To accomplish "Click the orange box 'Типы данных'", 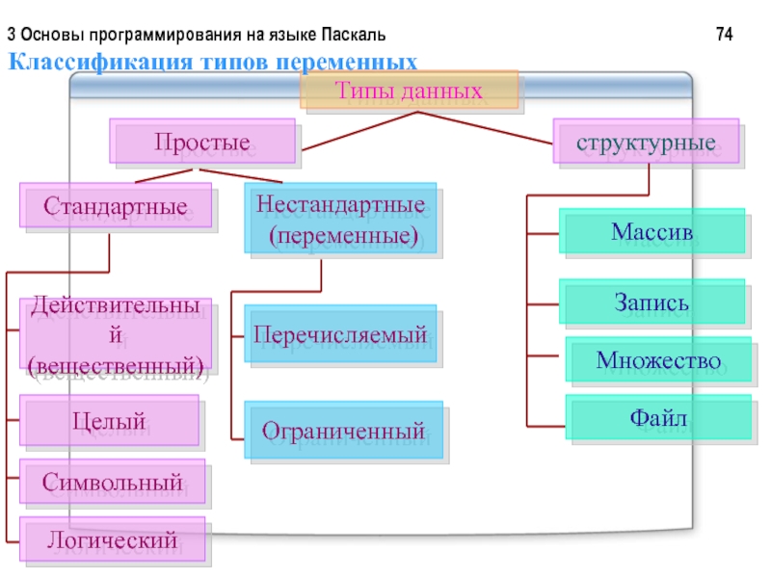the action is [x=409, y=90].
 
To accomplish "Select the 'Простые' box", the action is [x=202, y=141].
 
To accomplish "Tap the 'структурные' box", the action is [x=646, y=141].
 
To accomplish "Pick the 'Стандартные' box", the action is [x=116, y=205].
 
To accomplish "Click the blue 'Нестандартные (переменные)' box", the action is [x=340, y=219].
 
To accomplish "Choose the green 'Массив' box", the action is [x=652, y=231].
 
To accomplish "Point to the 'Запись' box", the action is [x=652, y=302].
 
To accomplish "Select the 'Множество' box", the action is [x=658, y=359].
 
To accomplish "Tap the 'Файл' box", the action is [x=658, y=417].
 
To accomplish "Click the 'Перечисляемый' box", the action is [x=340, y=333].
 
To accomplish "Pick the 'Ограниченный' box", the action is [x=344, y=430].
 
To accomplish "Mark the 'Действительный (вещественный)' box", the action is [x=116, y=333].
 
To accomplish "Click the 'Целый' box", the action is [x=109, y=420].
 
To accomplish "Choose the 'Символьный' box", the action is [x=112, y=481].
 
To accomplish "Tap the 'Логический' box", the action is [x=112, y=539].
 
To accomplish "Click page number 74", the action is [x=725, y=34].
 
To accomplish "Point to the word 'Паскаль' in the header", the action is [x=354, y=35].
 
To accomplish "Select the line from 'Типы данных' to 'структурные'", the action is [x=485, y=128].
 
